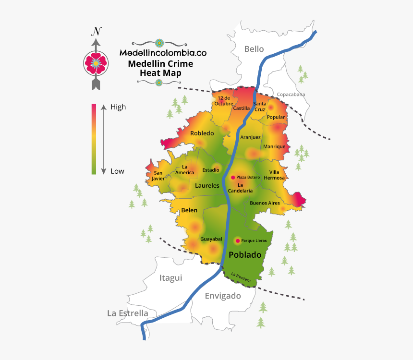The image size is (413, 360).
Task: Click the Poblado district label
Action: pos(245,255)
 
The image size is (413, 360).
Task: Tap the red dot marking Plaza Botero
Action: pos(233,177)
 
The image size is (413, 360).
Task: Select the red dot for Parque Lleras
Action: pos(237,240)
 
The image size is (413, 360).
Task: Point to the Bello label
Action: pos(254,48)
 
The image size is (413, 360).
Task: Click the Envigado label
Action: pos(223,296)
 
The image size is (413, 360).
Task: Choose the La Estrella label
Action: pos(128,313)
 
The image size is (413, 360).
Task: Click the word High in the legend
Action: pos(118,107)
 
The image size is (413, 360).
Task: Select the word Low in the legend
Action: pos(117,171)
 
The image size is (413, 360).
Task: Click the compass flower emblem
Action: pos(96,63)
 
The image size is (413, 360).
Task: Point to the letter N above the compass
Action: pos(97,32)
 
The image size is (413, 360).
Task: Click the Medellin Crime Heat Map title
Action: pos(160,68)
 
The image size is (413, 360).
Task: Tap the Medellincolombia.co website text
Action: pos(163,53)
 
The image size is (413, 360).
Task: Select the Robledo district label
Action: pos(202,133)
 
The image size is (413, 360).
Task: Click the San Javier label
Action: pos(158,176)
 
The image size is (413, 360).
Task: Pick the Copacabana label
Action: pos(291,95)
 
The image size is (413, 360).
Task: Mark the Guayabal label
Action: pos(211,239)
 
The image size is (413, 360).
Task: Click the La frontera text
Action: pos(241,277)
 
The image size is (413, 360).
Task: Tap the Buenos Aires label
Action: pos(265,203)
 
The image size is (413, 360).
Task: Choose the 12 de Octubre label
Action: pos(224,101)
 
